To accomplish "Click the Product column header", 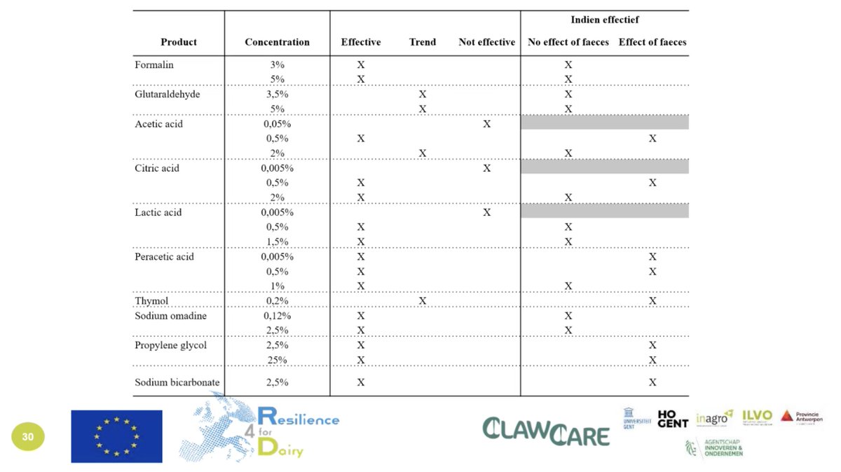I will click(179, 42).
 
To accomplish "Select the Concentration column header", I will click(277, 42).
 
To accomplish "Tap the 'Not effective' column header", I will click(486, 42).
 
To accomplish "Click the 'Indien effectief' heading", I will click(604, 20).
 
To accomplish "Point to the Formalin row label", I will click(154, 64).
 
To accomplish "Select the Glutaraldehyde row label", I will click(167, 94).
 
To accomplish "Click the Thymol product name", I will click(151, 301).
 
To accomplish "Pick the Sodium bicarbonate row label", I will click(177, 382).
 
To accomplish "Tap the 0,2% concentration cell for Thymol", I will click(277, 301).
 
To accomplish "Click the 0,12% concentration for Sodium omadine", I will click(277, 316).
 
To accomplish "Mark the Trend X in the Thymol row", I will click(422, 301).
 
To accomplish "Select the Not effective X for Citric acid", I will click(486, 168).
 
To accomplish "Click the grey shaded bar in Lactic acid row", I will click(604, 211).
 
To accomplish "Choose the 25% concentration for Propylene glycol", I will click(277, 360).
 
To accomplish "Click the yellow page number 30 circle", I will click(27, 437).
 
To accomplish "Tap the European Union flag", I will click(116, 436).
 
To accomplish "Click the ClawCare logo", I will click(546, 431).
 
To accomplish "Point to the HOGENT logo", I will click(673, 419).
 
